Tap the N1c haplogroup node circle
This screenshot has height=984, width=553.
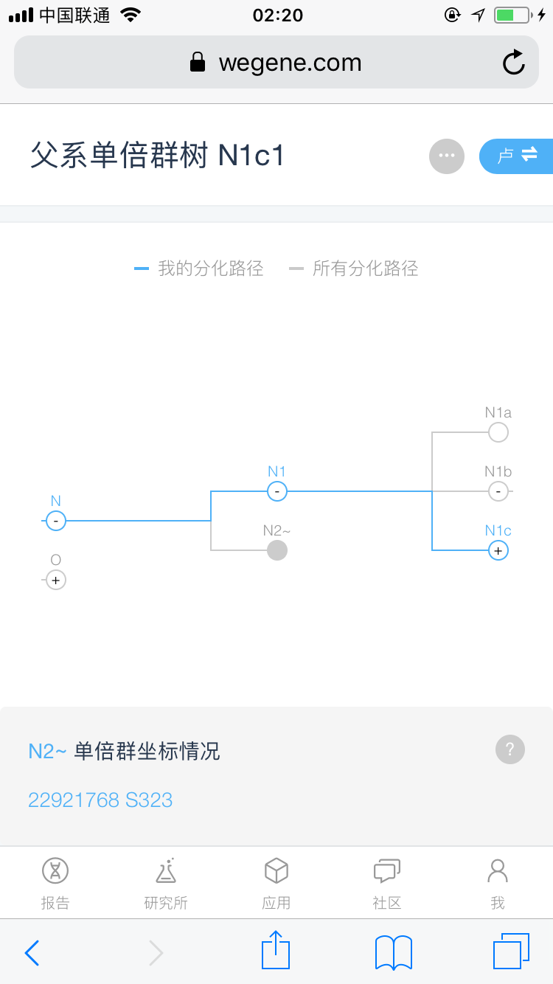[x=498, y=550]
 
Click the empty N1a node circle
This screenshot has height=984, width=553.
[x=498, y=432]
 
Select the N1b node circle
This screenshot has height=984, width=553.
[x=498, y=491]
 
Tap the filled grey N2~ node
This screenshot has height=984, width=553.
[x=276, y=550]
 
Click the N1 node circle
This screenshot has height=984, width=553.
[x=276, y=491]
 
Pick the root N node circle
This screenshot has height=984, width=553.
[x=55, y=521]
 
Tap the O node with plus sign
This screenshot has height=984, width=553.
[x=55, y=580]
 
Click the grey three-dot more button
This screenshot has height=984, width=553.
[x=447, y=156]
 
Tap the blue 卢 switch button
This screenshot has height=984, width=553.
[x=516, y=156]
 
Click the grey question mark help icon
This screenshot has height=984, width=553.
[x=510, y=749]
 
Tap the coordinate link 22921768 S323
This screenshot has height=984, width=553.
[x=100, y=800]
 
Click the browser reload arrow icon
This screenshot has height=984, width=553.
[x=514, y=63]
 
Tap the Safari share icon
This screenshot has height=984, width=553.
[x=276, y=951]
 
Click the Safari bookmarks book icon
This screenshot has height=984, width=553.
[x=394, y=952]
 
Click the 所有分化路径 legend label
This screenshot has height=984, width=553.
[x=365, y=268]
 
